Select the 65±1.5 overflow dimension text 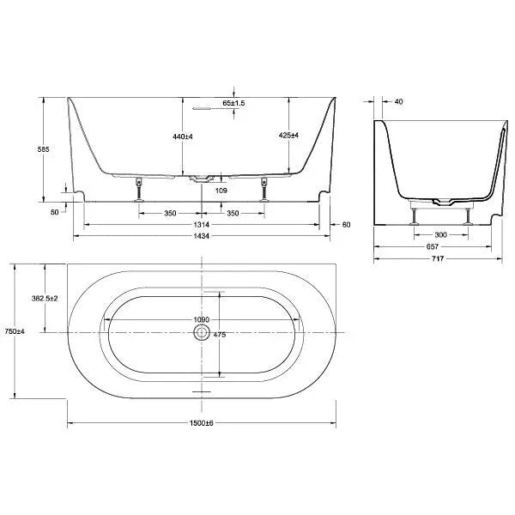[233, 103]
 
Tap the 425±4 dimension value [289, 136]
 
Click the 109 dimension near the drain [221, 190]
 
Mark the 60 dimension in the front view [346, 224]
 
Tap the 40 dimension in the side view [398, 101]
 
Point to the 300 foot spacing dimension [440, 234]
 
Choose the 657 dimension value [433, 245]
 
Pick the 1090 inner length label [200, 321]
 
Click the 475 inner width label [219, 336]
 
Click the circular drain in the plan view [202, 332]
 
